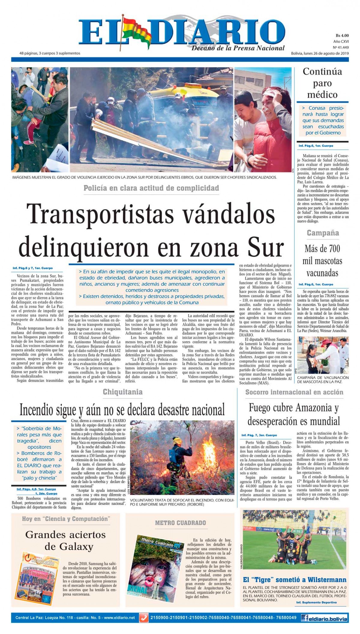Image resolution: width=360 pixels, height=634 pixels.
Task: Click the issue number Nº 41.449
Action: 341,47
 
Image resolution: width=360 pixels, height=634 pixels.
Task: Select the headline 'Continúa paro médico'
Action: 322,83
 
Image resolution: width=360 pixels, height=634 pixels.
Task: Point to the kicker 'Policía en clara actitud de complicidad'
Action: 151,188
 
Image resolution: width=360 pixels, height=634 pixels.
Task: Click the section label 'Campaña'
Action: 322,233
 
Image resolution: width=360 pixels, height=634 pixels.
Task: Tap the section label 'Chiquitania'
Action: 122,392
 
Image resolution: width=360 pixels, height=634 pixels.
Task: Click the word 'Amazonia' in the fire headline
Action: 313,408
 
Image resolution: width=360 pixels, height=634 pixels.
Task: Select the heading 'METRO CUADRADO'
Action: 180,523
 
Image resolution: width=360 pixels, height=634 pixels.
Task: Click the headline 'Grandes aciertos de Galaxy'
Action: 65,540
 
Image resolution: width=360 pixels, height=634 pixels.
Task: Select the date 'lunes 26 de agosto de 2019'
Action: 326,53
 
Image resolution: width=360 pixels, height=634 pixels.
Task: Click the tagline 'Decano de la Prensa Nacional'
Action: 238,48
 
